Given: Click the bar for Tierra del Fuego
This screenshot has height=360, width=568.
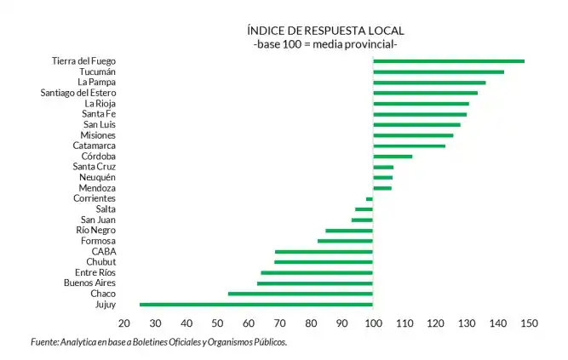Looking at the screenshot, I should point(449,61).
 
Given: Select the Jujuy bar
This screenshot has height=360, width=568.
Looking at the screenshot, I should point(256,304).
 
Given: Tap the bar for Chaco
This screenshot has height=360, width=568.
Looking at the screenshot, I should point(301,294).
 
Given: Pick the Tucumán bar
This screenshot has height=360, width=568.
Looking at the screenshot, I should point(439,71).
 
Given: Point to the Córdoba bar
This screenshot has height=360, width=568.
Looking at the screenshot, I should point(393,157).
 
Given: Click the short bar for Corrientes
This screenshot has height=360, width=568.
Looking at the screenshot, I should point(370,198).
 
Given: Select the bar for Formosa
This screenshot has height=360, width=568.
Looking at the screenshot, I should point(345,241).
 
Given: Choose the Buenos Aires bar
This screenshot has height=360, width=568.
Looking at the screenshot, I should point(315,283).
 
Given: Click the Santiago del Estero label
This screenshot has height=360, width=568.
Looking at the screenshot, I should point(77,93).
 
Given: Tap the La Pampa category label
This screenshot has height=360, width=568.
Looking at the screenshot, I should point(96,82).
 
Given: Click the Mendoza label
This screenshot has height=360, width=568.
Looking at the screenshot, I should point(96,188).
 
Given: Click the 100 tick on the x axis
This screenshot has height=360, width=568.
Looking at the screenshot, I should point(373,323).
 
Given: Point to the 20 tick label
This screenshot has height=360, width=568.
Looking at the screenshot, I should point(124,323).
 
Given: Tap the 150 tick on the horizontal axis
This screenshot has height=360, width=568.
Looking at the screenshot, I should point(529,323).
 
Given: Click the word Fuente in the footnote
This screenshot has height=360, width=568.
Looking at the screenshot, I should point(44,342).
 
